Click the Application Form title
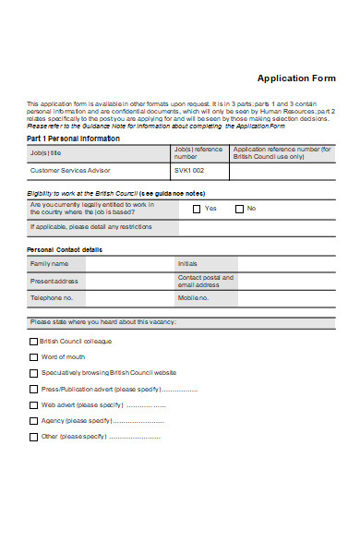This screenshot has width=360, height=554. [296, 78]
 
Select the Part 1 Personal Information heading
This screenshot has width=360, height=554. [74, 138]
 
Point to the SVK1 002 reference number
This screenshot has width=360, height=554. [189, 171]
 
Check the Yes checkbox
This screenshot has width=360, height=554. [197, 209]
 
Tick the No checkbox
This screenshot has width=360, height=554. [239, 209]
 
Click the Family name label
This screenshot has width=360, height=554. [50, 263]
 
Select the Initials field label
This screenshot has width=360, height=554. [187, 263]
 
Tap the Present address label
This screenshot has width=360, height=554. [54, 281]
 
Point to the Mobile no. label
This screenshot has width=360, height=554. [194, 298]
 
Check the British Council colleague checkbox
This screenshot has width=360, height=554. [34, 341]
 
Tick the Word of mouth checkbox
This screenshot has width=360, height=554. [34, 356]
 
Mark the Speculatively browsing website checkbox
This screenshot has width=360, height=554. [34, 372]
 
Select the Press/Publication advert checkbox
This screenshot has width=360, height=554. [34, 389]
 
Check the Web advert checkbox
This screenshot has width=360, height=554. [34, 404]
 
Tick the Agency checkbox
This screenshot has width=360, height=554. [34, 420]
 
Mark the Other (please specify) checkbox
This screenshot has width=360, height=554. [34, 436]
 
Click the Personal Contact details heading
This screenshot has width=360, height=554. [65, 249]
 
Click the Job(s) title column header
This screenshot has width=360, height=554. [45, 152]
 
